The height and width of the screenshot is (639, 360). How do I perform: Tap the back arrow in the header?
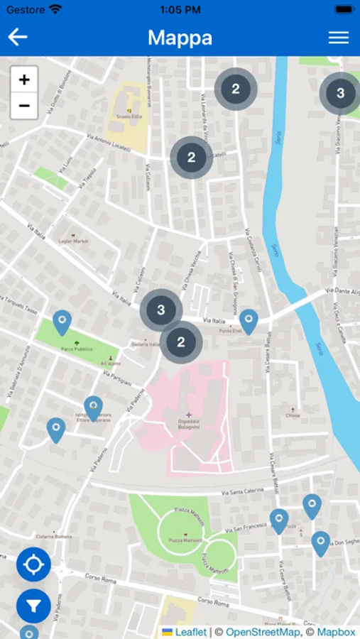(18, 38)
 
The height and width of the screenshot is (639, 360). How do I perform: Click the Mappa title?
(180, 38)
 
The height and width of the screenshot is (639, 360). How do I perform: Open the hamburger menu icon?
(339, 38)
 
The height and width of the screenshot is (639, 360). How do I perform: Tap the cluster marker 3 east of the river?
(340, 93)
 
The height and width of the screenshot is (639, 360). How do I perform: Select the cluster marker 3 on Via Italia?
(161, 310)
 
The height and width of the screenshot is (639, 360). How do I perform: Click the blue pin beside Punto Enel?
(248, 321)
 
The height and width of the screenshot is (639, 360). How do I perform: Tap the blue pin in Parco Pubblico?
(62, 322)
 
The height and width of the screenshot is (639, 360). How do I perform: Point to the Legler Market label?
(74, 241)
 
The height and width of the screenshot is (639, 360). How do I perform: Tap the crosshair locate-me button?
(33, 565)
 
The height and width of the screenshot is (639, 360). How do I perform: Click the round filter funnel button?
(33, 606)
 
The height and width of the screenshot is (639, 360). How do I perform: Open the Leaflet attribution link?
(190, 632)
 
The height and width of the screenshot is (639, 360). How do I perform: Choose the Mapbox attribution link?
(336, 632)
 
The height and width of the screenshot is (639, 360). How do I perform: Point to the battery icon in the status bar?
(343, 10)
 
